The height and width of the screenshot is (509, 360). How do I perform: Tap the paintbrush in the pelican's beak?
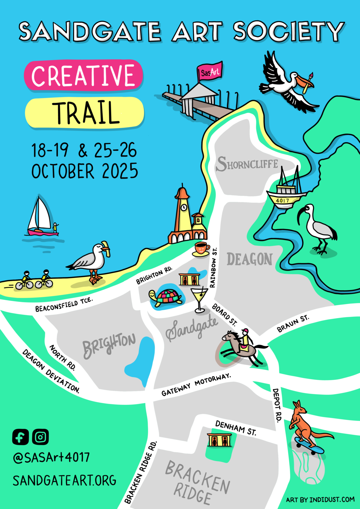click(309, 82)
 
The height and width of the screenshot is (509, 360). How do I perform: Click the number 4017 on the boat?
click(282, 200)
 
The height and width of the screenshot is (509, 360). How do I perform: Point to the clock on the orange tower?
click(183, 208)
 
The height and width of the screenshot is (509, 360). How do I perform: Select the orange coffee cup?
click(201, 248)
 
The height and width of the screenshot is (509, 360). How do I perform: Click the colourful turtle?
click(167, 297)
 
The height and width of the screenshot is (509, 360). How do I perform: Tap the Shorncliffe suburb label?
click(247, 164)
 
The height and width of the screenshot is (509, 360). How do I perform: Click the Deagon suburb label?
click(249, 259)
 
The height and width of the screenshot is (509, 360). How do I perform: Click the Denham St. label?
click(236, 428)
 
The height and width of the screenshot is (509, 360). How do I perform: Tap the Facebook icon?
click(21, 437)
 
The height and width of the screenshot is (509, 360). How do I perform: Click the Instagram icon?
click(40, 437)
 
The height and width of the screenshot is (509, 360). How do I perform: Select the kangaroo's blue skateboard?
click(309, 446)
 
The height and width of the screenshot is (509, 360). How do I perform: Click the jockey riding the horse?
click(245, 338)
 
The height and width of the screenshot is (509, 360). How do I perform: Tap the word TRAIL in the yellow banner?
click(86, 113)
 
